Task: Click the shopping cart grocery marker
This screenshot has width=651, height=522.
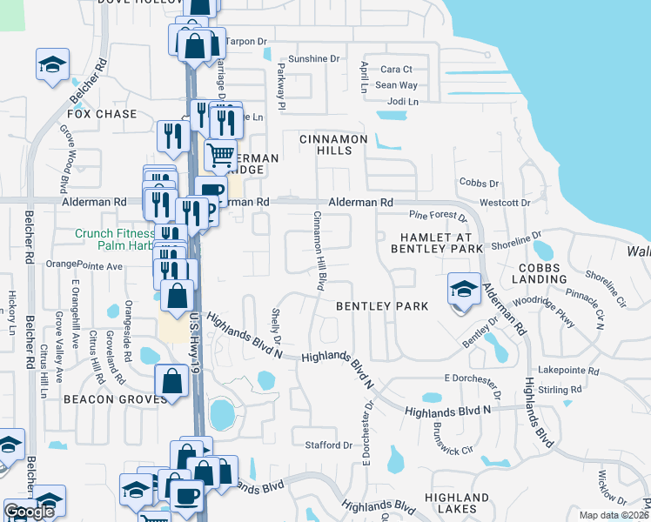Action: (221, 156)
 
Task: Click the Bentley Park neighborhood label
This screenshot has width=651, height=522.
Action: (382, 306)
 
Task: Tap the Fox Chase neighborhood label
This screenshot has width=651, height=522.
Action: (102, 114)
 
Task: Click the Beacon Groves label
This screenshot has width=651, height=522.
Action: (114, 398)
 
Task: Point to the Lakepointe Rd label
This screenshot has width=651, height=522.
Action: (569, 371)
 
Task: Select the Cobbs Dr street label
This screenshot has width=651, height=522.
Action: (478, 184)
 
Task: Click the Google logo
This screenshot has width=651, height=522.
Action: (29, 512)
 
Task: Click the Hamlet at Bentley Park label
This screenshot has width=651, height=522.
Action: (441, 243)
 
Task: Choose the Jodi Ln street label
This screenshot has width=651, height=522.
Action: (401, 102)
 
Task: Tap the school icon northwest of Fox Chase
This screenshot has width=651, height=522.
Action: (52, 65)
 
